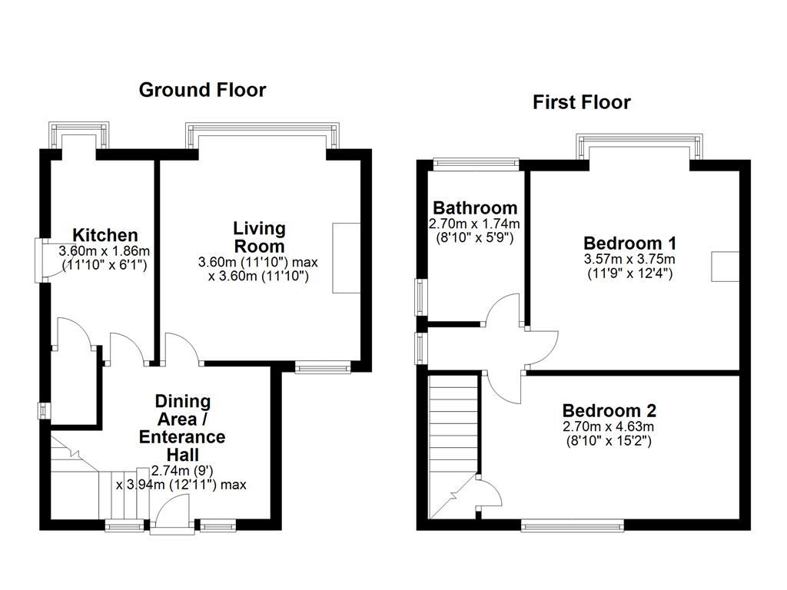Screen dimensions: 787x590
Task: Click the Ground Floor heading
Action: click(202, 91)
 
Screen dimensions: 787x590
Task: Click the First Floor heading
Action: click(581, 102)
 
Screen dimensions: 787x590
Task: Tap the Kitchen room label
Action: click(105, 235)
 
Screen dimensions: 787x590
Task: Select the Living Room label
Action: click(259, 237)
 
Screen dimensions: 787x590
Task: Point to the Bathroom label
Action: click(475, 207)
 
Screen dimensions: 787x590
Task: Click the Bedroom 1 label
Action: click(630, 244)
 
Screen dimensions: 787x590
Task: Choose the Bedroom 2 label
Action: click(609, 411)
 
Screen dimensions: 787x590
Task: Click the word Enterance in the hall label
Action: click(182, 437)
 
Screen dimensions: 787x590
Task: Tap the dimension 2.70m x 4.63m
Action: click(609, 427)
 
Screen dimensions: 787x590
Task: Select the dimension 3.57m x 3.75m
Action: click(629, 260)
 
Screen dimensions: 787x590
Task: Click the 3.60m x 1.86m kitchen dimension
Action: click(105, 251)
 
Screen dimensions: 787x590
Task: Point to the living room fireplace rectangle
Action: click(347, 258)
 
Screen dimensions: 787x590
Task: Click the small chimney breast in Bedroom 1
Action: click(725, 267)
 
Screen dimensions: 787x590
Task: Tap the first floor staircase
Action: click(453, 446)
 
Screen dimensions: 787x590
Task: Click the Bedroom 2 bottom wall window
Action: click(572, 525)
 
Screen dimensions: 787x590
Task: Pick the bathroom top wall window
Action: click(476, 163)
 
